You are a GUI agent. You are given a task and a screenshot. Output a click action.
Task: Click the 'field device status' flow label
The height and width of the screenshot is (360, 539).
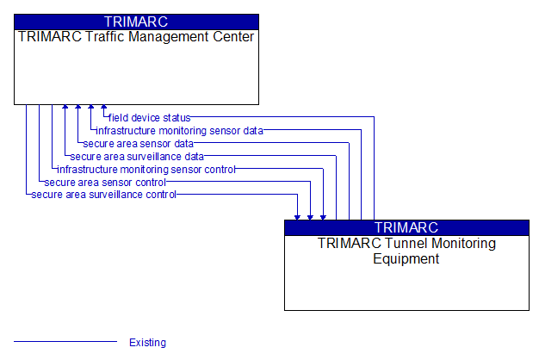click(149, 118)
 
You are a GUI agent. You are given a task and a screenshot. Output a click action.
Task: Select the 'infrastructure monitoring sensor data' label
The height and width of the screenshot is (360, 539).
click(179, 131)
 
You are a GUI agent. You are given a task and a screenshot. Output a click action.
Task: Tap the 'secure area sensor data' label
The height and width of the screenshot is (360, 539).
click(138, 144)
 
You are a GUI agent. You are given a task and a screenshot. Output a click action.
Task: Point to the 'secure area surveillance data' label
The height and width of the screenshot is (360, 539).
click(137, 157)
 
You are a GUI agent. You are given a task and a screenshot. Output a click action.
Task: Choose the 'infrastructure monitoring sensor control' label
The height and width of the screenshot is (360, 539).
click(146, 170)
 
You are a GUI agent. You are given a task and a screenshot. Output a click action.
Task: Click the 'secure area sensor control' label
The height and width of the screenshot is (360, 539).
click(105, 183)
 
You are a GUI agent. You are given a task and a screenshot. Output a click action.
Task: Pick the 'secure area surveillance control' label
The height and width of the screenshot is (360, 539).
click(104, 195)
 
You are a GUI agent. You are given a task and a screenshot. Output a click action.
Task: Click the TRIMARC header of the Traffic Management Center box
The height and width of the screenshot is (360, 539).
click(136, 22)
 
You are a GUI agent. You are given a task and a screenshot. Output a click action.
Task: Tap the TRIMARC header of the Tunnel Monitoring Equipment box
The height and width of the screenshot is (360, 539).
click(406, 227)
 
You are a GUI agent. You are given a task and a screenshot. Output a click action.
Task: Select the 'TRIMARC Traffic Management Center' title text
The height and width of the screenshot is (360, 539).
click(136, 37)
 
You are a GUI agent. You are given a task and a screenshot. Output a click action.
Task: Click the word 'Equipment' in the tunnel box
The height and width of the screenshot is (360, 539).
click(406, 258)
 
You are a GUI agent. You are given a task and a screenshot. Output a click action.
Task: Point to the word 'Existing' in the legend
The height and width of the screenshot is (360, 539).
click(147, 343)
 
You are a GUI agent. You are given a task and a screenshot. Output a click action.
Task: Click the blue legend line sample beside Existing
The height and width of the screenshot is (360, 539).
click(65, 341)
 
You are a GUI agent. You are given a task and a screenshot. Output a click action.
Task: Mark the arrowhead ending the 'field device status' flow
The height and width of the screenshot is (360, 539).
click(104, 107)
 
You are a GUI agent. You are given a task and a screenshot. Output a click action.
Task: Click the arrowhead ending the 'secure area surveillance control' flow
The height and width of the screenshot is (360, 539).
click(297, 217)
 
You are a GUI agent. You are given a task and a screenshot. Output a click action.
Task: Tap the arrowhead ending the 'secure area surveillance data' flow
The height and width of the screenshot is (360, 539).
click(65, 107)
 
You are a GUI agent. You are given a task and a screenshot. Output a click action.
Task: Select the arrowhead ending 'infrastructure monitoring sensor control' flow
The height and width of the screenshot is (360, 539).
click(323, 217)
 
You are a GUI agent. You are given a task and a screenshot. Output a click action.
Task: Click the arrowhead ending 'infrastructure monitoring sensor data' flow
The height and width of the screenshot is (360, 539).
click(90, 107)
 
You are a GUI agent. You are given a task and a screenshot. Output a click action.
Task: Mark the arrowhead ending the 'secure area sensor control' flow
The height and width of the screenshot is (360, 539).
click(310, 217)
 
